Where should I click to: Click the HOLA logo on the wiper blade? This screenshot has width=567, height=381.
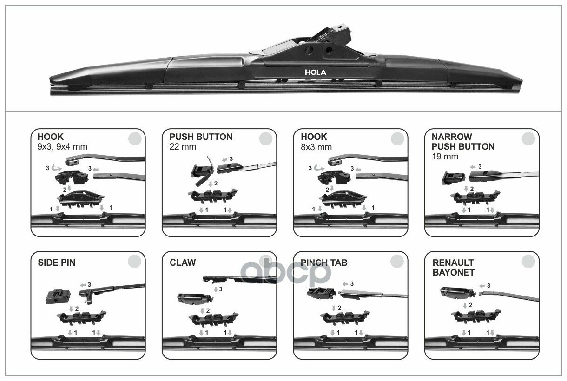(315, 72)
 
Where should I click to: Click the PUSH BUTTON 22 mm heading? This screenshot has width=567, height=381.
(201, 137)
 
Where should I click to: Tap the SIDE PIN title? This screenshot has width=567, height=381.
(56, 263)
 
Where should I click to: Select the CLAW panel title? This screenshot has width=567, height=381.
(183, 263)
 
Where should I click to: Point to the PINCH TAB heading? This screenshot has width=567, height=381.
(324, 263)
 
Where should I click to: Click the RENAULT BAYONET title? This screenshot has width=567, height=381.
(453, 268)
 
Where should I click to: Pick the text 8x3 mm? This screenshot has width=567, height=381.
(316, 147)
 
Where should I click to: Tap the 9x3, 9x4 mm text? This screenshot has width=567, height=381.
(62, 147)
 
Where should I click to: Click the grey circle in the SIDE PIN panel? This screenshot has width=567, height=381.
(134, 262)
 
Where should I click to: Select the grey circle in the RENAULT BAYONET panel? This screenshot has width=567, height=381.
(528, 262)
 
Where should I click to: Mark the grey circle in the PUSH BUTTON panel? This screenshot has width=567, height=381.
(265, 138)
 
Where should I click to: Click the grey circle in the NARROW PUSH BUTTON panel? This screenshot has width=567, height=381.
(528, 138)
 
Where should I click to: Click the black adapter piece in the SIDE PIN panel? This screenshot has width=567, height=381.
(58, 295)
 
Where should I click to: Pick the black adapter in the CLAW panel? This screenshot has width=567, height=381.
(189, 298)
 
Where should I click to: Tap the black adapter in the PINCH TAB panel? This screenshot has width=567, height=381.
(320, 293)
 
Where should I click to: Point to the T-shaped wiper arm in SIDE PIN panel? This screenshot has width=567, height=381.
(112, 291)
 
